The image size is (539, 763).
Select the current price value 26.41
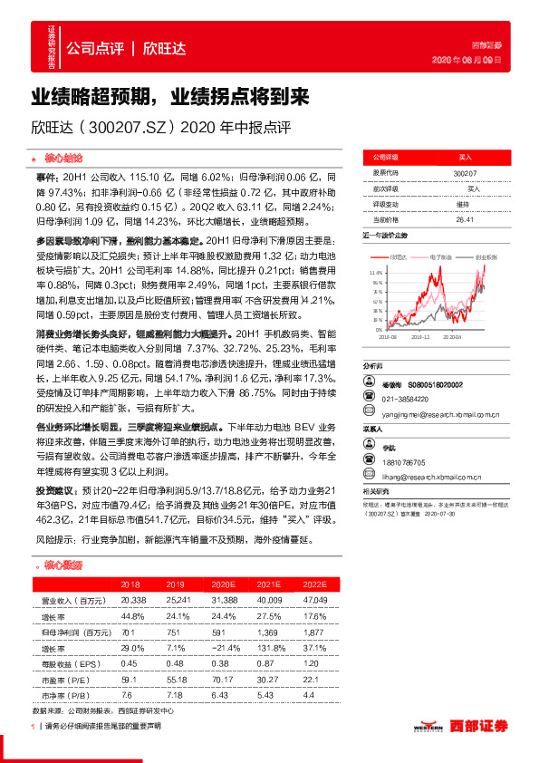pos(466,219)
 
